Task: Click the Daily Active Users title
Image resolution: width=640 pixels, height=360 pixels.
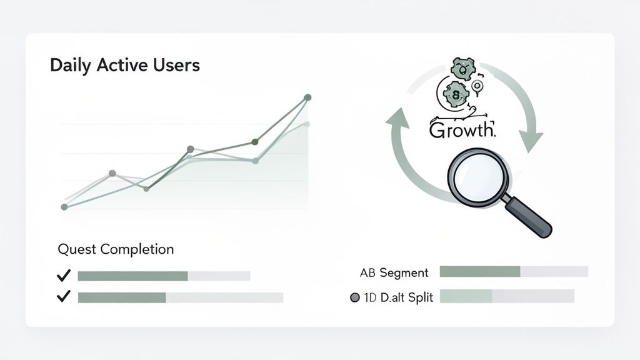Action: coord(124,65)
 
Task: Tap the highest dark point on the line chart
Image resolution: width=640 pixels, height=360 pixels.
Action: coord(307,97)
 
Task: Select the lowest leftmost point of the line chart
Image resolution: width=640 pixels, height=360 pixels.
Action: coord(64,206)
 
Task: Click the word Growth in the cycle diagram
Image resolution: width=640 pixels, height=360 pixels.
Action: coord(462,130)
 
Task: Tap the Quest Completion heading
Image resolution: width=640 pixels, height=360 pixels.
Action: coord(116,249)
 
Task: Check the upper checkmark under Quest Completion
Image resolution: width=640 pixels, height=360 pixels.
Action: coord(63,276)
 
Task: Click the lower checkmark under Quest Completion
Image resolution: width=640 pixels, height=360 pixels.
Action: coord(63,297)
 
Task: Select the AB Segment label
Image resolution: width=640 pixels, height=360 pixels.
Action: coord(394,272)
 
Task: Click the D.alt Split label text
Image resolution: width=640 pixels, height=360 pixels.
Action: coord(404,297)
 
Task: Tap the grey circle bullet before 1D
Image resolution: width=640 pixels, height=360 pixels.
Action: coord(355,297)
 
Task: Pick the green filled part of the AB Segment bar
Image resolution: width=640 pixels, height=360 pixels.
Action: coord(479,271)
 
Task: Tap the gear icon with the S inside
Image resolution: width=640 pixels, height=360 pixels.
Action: coord(456,94)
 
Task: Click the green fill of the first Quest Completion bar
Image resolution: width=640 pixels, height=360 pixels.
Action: coord(132,276)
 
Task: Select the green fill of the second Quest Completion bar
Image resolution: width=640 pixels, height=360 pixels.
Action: coord(121,297)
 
